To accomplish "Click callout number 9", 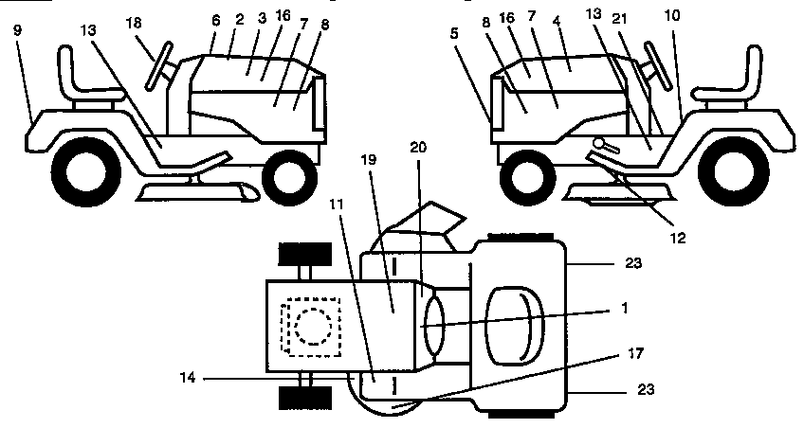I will [x=18, y=29].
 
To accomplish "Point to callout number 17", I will [x=634, y=353].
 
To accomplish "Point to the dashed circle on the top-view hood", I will [x=311, y=327].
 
